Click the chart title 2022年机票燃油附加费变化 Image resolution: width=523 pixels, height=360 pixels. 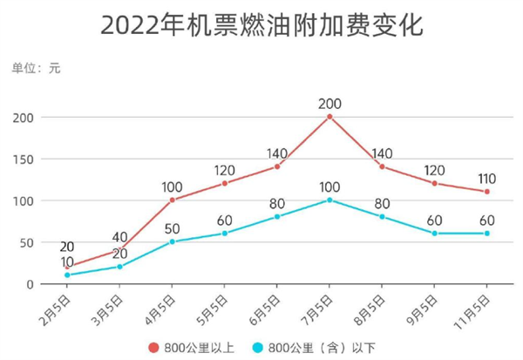point(261,25)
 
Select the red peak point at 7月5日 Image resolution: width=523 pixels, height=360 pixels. point(329,116)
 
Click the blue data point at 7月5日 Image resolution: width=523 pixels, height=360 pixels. point(329,200)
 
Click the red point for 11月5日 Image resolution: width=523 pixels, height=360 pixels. point(486,192)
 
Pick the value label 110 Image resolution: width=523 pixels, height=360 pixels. point(486,177)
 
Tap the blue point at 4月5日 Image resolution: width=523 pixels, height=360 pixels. point(172,241)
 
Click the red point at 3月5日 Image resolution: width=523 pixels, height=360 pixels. point(119,250)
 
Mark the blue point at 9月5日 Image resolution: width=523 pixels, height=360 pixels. point(434,234)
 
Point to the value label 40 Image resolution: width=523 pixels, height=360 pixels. point(119,236)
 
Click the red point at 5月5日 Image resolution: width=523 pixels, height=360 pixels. point(224,183)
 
